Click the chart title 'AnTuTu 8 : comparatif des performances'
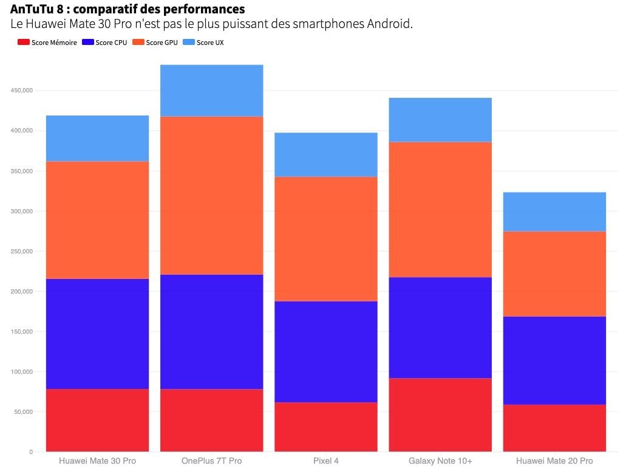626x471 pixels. [x=128, y=9]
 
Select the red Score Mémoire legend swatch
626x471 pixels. [x=24, y=43]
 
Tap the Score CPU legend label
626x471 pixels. [x=111, y=43]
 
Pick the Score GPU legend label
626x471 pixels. [x=162, y=43]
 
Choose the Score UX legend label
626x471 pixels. [x=210, y=43]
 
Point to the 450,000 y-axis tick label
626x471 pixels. [x=22, y=91]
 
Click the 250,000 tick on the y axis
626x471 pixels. [x=22, y=251]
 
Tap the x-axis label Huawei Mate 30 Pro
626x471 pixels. [x=97, y=461]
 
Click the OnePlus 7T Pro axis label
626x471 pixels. [x=211, y=461]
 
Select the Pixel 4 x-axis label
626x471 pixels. [x=326, y=461]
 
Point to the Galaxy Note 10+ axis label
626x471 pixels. [x=440, y=461]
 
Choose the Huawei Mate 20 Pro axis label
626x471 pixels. [x=554, y=461]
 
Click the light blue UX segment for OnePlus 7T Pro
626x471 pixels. [x=211, y=91]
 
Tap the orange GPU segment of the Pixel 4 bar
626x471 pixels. [x=326, y=239]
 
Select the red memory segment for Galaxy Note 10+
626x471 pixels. [x=440, y=414]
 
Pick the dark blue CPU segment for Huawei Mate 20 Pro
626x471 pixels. [x=554, y=360]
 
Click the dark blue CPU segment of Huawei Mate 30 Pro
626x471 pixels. [x=97, y=334]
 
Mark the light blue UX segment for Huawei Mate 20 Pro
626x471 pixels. [x=554, y=211]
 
